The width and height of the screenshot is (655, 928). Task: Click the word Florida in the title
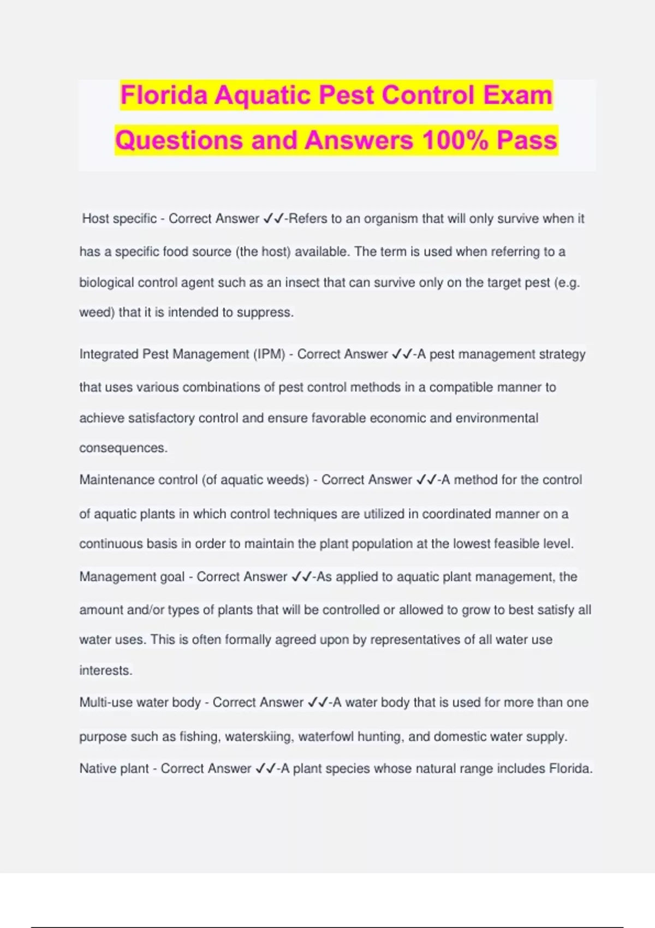pos(164,96)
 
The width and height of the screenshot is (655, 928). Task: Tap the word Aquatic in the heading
pos(263,96)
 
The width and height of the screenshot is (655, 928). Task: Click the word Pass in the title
pos(527,140)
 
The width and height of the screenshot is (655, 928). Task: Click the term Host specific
pos(119,219)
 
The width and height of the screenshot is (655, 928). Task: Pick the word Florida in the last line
pos(570,769)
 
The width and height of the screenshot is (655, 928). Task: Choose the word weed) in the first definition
pos(97,312)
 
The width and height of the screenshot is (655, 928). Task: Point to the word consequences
pos(123,448)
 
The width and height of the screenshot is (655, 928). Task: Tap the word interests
pos(105,670)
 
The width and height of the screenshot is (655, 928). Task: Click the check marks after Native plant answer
pos(265,769)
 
